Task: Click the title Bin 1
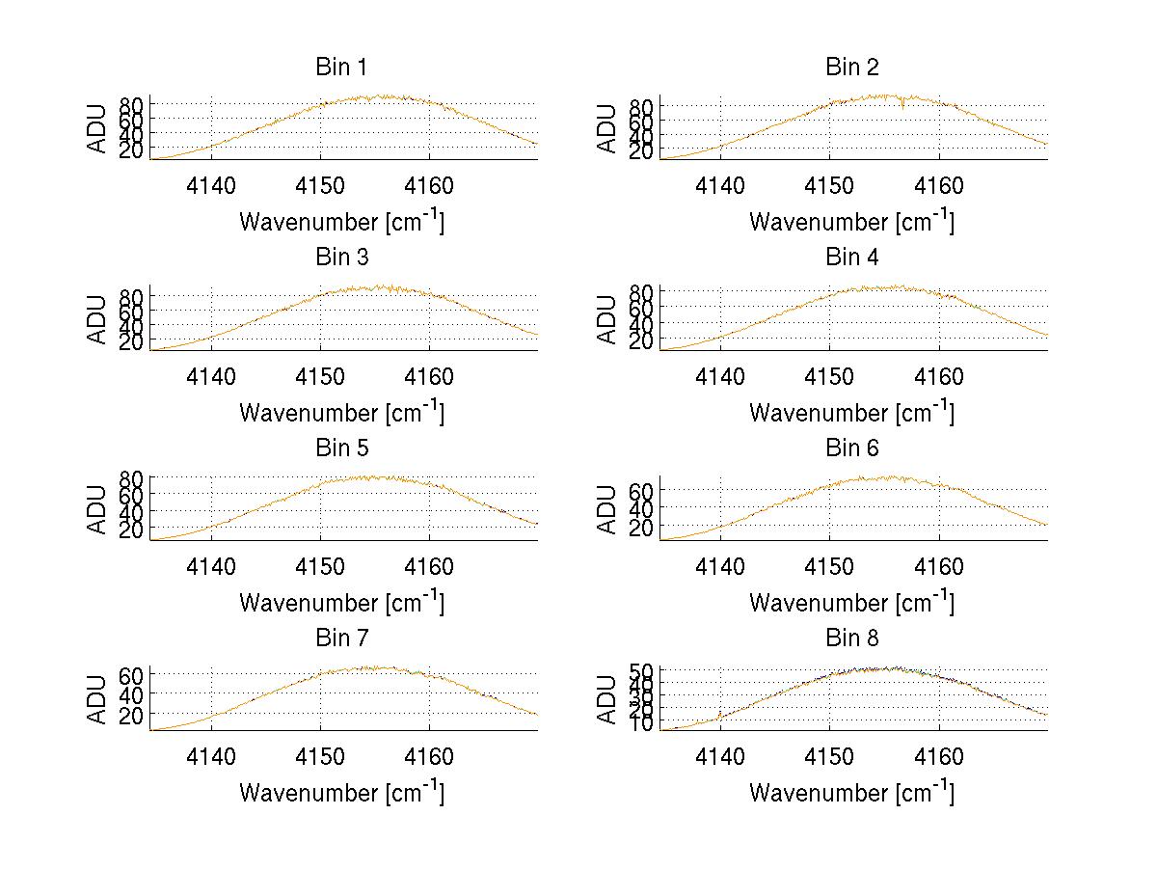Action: point(341,68)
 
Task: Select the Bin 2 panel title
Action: point(852,68)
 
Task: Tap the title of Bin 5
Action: point(341,448)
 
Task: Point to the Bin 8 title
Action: point(852,638)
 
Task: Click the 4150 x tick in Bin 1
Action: point(320,186)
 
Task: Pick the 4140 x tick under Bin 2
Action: point(720,186)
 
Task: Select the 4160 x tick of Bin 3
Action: point(429,377)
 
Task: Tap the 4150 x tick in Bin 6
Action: point(830,567)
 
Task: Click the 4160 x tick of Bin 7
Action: point(429,757)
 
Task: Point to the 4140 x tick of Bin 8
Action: point(720,757)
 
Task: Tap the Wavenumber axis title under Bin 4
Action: point(852,412)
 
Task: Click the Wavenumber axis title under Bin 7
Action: point(341,792)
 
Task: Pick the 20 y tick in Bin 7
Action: point(134,714)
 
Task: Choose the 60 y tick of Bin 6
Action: point(644,490)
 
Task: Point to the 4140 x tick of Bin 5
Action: point(211,567)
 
